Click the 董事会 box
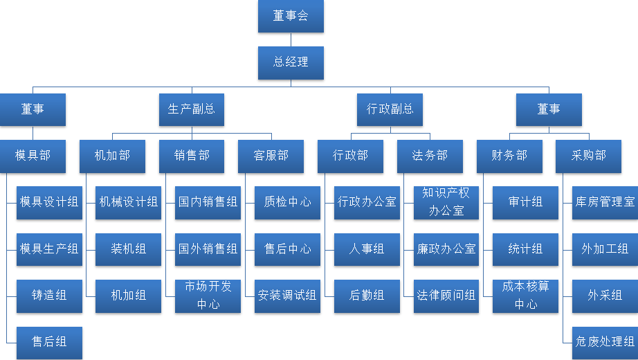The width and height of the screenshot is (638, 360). [291, 16]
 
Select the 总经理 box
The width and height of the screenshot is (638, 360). [291, 62]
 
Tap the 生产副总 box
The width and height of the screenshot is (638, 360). [192, 109]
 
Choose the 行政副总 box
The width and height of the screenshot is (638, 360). [390, 109]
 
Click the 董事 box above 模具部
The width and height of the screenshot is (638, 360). [33, 109]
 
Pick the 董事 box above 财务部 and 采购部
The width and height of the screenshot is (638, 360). [549, 109]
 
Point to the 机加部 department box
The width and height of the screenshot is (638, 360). [112, 156]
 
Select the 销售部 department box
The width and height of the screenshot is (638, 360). [192, 156]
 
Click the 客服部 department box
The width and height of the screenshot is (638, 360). [271, 156]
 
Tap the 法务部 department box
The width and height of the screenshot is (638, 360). [430, 156]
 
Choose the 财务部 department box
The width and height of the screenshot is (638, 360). [509, 156]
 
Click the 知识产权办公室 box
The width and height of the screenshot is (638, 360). [446, 202]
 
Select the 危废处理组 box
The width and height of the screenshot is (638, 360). [605, 342]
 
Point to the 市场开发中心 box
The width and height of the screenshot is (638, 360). [208, 296]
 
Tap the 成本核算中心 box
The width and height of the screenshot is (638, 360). [525, 296]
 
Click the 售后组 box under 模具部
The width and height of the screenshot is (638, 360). [49, 342]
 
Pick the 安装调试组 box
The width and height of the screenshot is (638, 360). [287, 296]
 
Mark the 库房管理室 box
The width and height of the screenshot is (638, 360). [605, 202]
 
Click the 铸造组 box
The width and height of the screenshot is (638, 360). [49, 296]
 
